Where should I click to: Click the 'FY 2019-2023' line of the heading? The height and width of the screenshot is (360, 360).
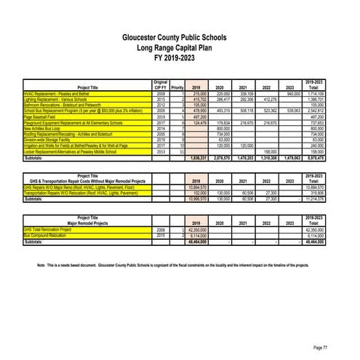pos(180,57)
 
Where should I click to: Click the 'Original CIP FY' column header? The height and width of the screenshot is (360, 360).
pos(161,85)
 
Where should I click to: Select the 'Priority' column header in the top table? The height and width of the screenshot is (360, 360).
pos(177,88)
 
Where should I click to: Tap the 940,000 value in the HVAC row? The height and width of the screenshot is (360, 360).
pos(293,94)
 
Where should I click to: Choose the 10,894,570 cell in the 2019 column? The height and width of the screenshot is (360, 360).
pos(193,187)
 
